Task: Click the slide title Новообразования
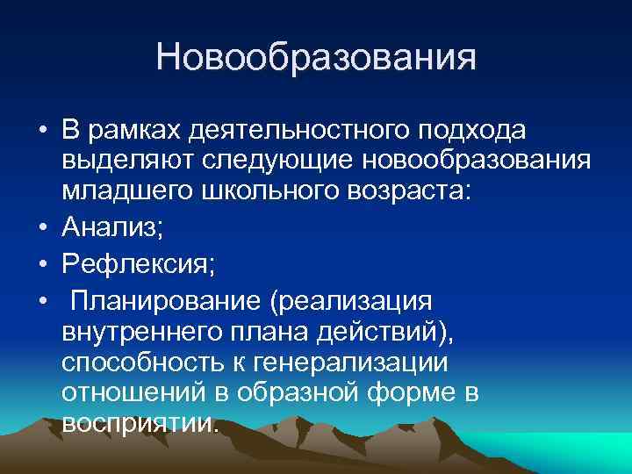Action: (x=316, y=59)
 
